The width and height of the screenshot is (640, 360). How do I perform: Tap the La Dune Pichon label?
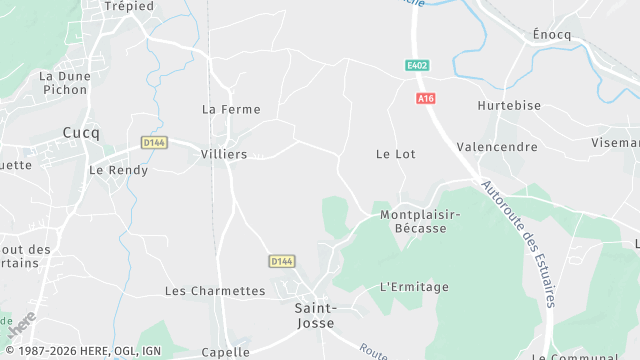coord(65,82)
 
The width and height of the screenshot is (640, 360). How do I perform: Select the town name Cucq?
coord(80,132)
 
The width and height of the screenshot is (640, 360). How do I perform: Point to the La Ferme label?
coord(231,110)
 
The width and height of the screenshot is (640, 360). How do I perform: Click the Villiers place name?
coord(224,155)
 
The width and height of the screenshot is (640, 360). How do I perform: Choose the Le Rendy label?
coord(119,170)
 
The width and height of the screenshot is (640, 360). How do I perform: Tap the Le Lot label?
coord(395,154)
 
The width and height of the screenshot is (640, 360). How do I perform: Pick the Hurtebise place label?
coord(508,105)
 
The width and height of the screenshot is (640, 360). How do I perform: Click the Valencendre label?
coord(497,147)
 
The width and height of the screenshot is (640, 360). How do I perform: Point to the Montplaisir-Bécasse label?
coord(419,221)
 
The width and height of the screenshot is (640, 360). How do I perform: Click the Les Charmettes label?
coord(215,291)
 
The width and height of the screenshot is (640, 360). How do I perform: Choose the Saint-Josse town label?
coord(316,315)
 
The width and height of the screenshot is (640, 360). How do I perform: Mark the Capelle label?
coord(225,352)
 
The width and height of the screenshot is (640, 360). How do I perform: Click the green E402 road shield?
coord(417,66)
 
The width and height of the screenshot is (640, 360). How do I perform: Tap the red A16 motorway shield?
coord(427,98)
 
